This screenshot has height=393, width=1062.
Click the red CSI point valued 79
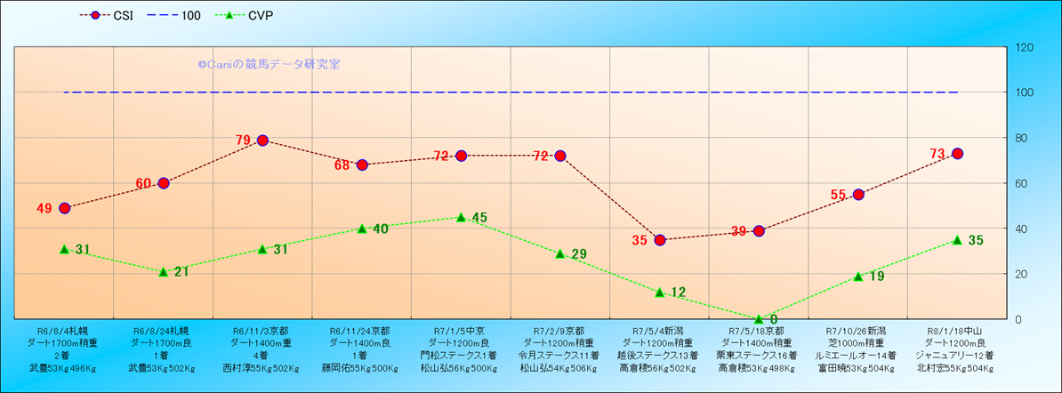[262, 140]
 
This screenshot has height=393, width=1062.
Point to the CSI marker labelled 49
[64, 208]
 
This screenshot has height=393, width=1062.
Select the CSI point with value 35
[660, 240]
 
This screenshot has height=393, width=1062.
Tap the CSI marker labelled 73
[958, 154]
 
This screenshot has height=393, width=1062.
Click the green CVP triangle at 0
[759, 318]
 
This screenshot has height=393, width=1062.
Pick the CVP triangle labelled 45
[461, 217]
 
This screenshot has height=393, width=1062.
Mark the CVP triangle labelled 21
[164, 271]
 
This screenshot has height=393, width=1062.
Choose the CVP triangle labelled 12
[660, 292]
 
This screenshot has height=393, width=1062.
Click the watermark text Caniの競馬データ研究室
[269, 65]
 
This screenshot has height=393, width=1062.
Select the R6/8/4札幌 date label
[64, 329]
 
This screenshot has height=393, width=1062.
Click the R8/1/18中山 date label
[958, 329]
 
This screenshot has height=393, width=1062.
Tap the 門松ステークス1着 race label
[461, 354]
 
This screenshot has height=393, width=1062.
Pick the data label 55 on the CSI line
[838, 195]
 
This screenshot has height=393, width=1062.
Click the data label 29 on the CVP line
[578, 255]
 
